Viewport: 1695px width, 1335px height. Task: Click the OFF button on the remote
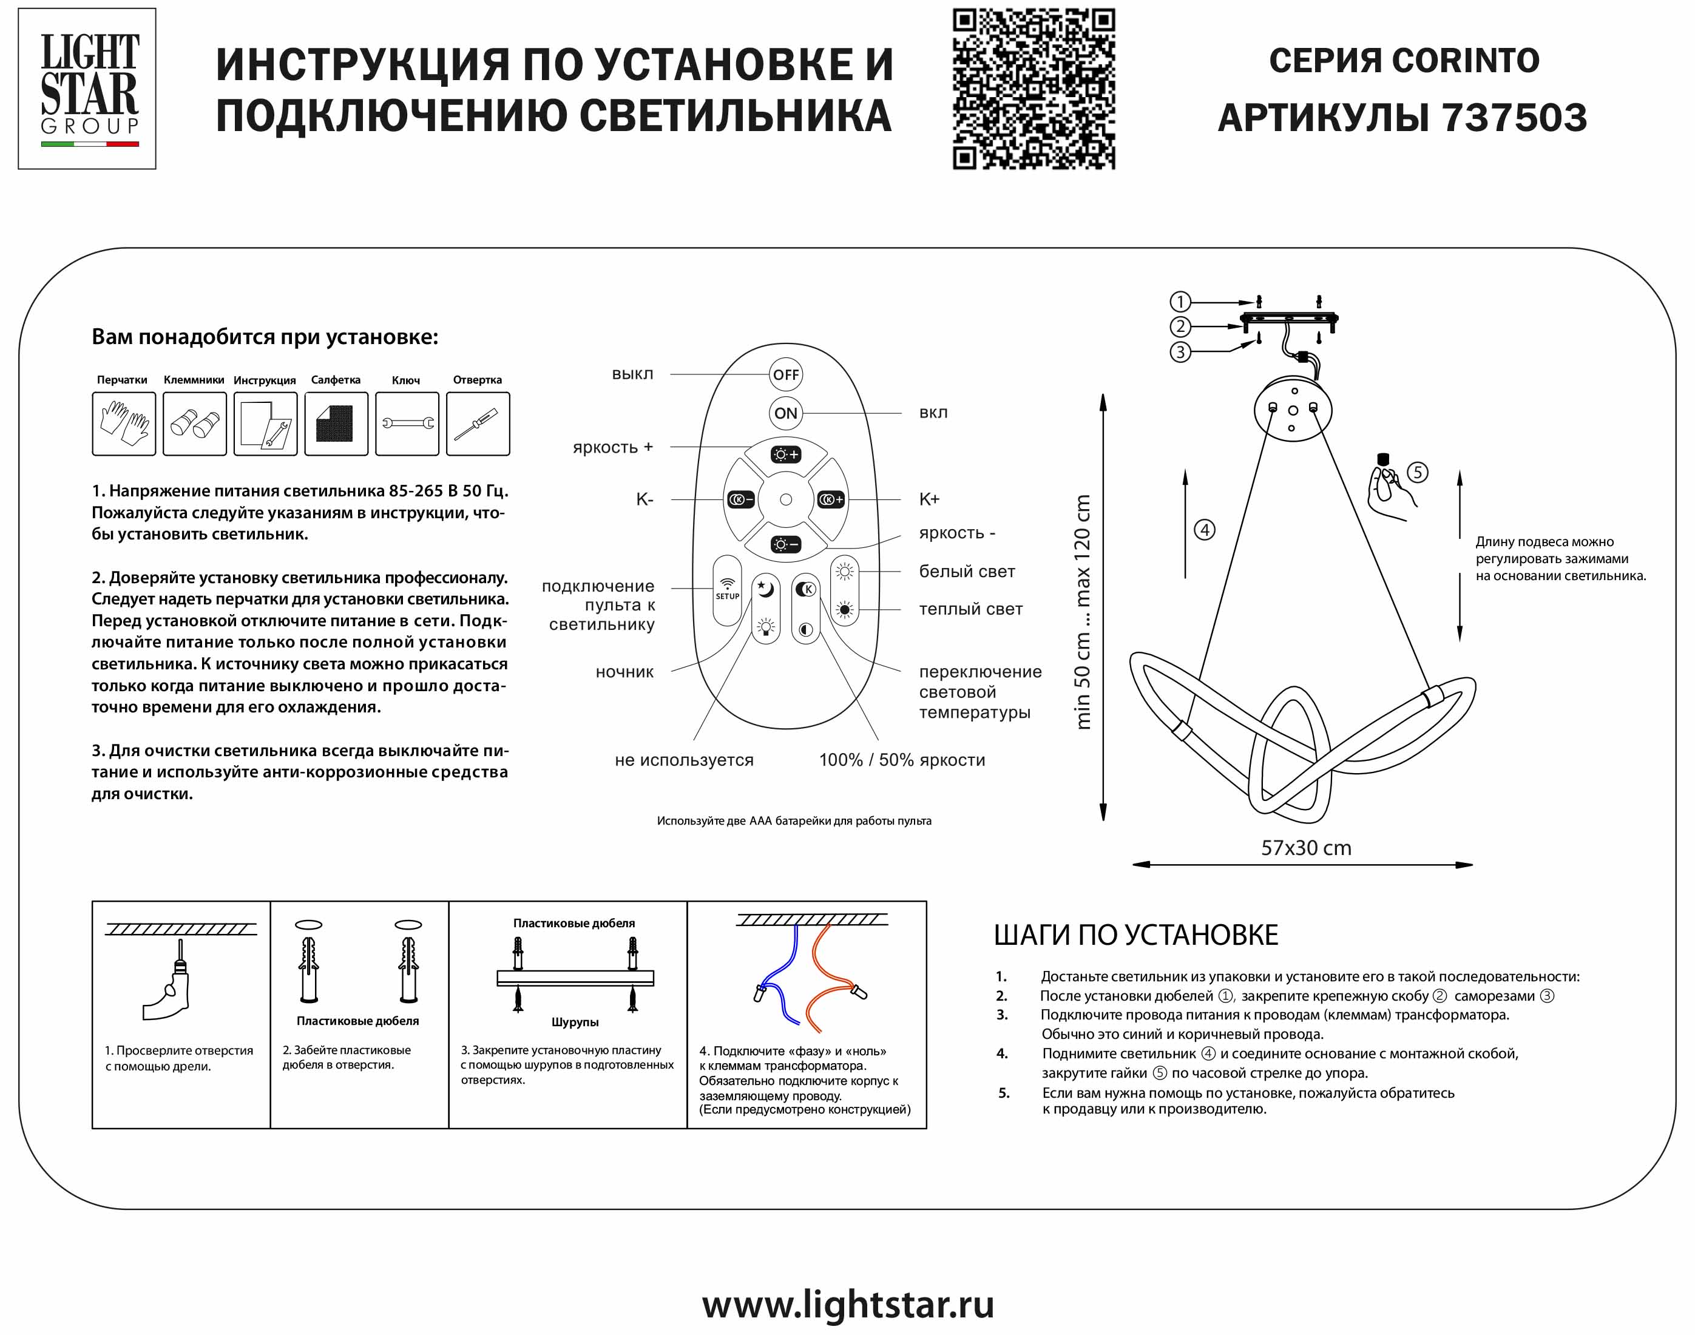coord(785,374)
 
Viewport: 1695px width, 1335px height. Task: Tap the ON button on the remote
coord(785,413)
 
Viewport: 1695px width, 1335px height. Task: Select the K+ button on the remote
coord(831,499)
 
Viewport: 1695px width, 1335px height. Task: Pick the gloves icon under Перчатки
coord(123,424)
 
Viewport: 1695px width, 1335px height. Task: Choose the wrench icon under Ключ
coord(407,424)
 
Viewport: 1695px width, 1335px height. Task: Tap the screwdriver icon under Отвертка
coord(478,424)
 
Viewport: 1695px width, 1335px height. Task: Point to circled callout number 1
coord(1180,302)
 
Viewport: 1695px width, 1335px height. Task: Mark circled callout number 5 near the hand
coord(1418,472)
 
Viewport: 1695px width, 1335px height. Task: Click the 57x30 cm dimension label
coord(1306,848)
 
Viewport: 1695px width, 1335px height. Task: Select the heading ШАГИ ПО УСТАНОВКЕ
coord(1135,935)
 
